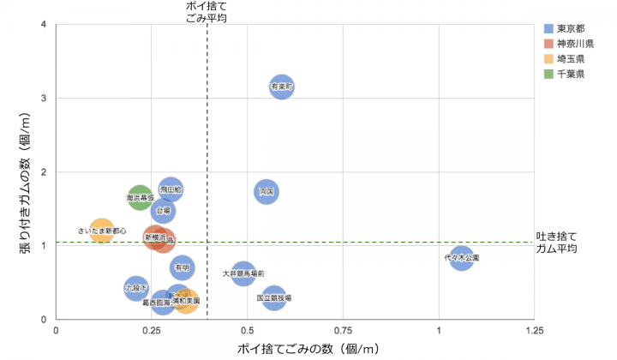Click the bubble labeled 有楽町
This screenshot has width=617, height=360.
pos(282,86)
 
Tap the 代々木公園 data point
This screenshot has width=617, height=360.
pos(462,256)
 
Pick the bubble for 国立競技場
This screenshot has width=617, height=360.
pos(274,298)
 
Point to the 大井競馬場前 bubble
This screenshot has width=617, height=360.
pos(243,273)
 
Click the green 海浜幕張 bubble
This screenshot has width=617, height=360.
pos(140,197)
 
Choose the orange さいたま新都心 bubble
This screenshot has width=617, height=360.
pos(102,231)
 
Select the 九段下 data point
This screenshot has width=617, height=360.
pos(136,288)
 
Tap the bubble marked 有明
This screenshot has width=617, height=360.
pos(182,267)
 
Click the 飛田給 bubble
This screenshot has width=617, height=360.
pos(171,189)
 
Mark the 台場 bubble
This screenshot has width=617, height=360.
pos(163,210)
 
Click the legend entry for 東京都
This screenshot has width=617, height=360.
pos(570,28)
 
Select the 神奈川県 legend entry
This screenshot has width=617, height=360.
pos(575,44)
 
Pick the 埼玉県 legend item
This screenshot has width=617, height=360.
pos(570,59)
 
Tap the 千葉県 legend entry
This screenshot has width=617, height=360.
pos(570,75)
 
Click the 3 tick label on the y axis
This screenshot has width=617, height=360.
pos(44,98)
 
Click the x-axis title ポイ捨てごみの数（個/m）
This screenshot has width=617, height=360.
pos(308,348)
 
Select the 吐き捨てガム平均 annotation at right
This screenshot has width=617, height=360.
pos(556,243)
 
